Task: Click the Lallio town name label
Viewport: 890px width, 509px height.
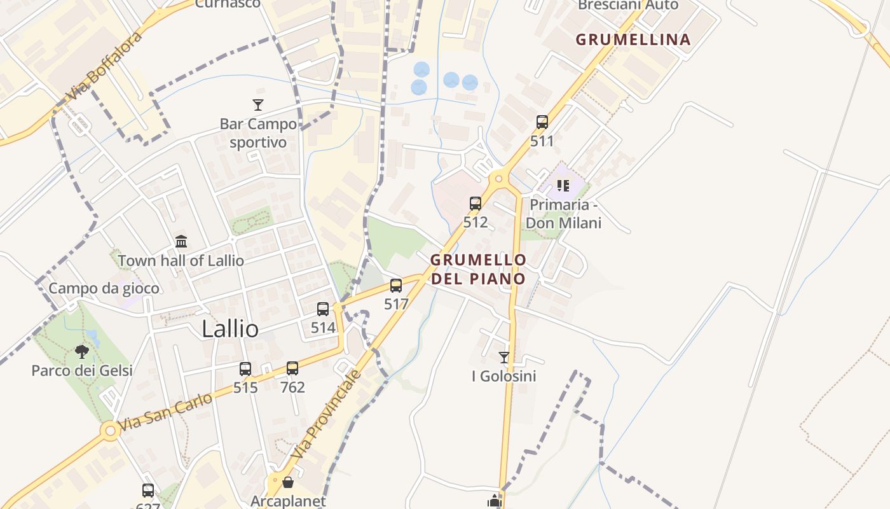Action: coord(230,329)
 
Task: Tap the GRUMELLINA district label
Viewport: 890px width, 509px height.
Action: coord(633,39)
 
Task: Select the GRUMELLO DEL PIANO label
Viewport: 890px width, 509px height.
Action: coord(478,269)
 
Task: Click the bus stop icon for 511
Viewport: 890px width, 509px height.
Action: coord(542,122)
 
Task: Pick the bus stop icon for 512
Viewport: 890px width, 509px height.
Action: coord(476,204)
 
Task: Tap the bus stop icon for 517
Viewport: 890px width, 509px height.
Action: coord(396,286)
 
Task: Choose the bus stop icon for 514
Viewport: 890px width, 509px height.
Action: coord(323,309)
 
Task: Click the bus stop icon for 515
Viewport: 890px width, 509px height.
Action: coord(245,368)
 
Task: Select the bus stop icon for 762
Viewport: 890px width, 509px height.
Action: coord(292,368)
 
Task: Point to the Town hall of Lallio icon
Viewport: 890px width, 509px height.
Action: coord(181,242)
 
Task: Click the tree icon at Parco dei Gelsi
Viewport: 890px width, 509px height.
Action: coord(82,351)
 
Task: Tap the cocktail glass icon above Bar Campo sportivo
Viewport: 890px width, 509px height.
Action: coord(258,105)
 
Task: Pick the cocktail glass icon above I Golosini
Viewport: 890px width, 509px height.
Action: coord(504,358)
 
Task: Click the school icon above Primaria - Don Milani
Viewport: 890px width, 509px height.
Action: coord(563,186)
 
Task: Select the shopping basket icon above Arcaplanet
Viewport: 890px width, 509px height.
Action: coord(288,482)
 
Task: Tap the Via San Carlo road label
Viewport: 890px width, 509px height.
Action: coord(165,411)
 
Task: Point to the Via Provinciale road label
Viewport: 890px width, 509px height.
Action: coord(325,414)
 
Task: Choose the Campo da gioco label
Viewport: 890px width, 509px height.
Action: coord(104,288)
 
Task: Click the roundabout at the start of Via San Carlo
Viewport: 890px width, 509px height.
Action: coord(110,431)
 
